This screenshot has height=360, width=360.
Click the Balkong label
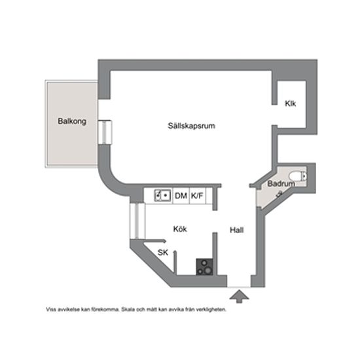click(x=72, y=121)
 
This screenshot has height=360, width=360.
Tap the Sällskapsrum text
click(x=191, y=126)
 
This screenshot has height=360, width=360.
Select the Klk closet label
click(x=290, y=103)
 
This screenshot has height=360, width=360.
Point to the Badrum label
click(x=281, y=183)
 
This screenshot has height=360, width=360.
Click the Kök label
click(x=180, y=228)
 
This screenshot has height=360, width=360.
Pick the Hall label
click(x=237, y=230)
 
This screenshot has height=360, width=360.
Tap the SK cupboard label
click(x=163, y=252)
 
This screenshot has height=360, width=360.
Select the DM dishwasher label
click(x=181, y=196)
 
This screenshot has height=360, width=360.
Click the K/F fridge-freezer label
click(x=197, y=196)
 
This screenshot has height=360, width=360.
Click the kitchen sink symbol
click(x=162, y=196)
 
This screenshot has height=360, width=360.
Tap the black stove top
click(x=204, y=266)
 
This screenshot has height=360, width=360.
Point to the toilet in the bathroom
click(x=298, y=176)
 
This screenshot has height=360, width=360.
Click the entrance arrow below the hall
click(x=239, y=296)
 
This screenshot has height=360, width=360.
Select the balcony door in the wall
click(x=105, y=132)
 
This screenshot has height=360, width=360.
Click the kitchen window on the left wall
click(x=137, y=221)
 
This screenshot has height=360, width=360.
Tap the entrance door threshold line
click(x=239, y=287)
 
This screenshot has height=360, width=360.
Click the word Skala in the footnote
click(x=128, y=309)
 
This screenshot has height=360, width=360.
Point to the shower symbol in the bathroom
click(x=279, y=194)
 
